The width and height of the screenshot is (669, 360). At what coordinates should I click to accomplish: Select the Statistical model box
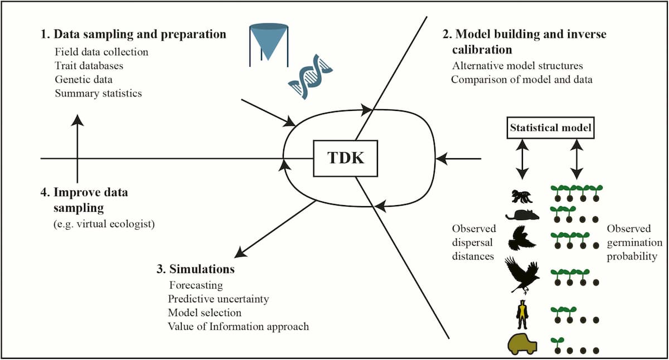(550, 128)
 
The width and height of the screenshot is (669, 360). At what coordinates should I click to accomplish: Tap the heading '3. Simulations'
(195, 270)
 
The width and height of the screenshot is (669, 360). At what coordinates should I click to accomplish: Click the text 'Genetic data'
(84, 79)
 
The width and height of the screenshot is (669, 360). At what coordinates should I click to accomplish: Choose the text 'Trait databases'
(89, 65)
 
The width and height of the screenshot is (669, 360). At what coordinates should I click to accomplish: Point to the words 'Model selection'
(205, 313)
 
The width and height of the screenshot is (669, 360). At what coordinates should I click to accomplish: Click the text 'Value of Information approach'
(238, 326)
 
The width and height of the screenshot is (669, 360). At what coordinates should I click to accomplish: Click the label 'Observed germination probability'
(634, 242)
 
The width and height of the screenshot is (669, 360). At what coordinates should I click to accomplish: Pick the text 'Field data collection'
(101, 52)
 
